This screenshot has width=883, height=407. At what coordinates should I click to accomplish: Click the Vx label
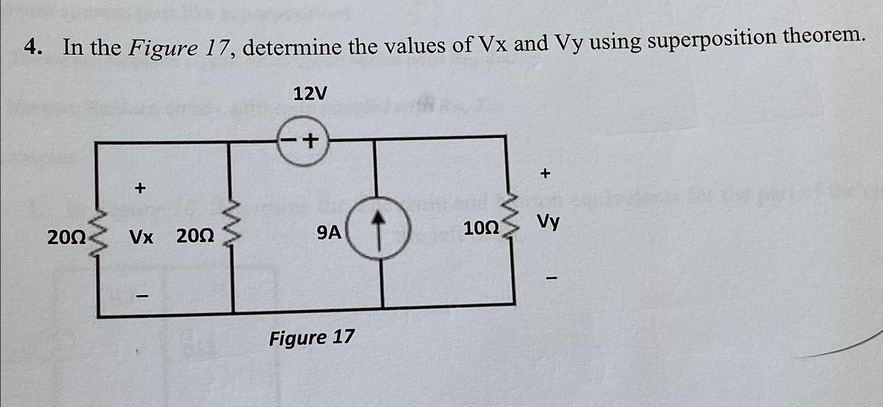pyautogui.click(x=142, y=238)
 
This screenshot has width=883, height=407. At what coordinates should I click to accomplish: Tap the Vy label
pyautogui.click(x=548, y=223)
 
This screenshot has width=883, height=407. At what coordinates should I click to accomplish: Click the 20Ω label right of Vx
pyautogui.click(x=195, y=237)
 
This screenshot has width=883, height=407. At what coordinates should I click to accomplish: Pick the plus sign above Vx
pyautogui.click(x=139, y=188)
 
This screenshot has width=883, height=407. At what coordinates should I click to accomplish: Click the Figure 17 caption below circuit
pyautogui.click(x=312, y=338)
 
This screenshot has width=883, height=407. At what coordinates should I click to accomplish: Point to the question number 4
pyautogui.click(x=32, y=49)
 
